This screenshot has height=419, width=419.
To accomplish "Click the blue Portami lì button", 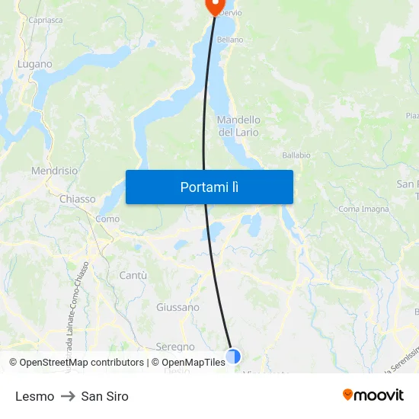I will point(209,187).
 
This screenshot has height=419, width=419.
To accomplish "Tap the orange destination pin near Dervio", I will point(214,6).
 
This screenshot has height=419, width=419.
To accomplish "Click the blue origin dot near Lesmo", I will point(233,356).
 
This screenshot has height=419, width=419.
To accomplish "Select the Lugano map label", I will point(35,65).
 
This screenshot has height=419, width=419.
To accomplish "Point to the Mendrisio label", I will point(54,171).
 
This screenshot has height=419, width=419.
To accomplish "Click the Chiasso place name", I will point(77,199).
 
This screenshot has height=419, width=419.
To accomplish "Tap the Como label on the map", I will point(107,219).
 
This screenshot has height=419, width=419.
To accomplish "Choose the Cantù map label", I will point(133,275).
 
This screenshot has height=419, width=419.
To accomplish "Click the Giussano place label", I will point(178,308).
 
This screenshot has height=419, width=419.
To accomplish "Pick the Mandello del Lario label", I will point(238,126).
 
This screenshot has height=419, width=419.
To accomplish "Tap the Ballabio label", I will point(296,155).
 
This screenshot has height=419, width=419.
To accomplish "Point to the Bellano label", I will point(230,40).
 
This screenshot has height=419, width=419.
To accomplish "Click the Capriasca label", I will point(45,21).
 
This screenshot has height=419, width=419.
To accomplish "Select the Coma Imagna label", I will point(363,209).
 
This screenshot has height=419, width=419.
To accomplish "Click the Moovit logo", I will point(373,395).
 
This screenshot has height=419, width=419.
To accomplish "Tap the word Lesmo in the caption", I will point(34,396).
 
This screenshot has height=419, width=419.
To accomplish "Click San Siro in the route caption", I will point(104,396).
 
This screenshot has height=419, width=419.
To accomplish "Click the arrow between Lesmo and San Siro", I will point(68,396).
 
